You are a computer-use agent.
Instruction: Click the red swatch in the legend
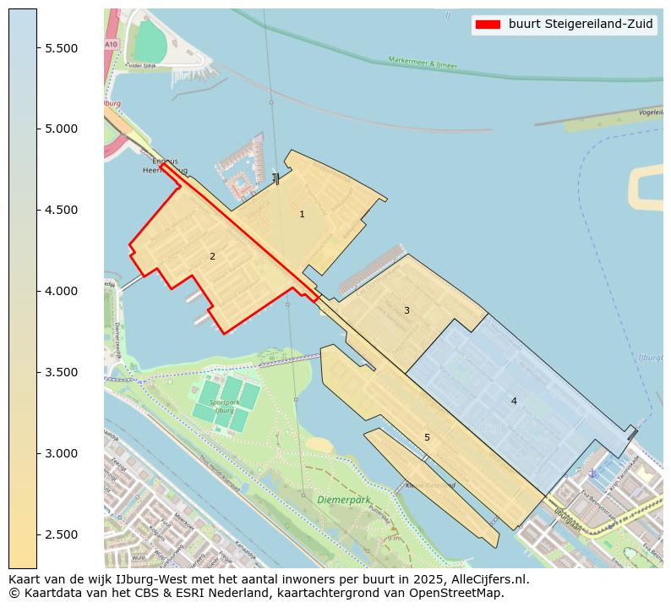pyautogui.click(x=488, y=25)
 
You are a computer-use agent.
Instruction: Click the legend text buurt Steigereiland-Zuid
pyautogui.click(x=580, y=25)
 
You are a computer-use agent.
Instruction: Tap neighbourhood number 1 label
pyautogui.click(x=302, y=215)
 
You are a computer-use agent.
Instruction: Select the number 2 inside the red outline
pyautogui.click(x=212, y=256)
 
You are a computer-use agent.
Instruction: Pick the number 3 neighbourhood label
pyautogui.click(x=406, y=311)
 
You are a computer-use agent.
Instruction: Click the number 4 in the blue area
pyautogui.click(x=514, y=401)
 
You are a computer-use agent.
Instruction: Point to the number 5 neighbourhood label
pyautogui.click(x=427, y=437)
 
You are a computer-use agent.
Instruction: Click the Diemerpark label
pyautogui.click(x=344, y=500)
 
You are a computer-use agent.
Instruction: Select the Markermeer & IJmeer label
pyautogui.click(x=423, y=62)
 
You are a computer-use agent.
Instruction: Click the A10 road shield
pyautogui.click(x=111, y=44)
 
